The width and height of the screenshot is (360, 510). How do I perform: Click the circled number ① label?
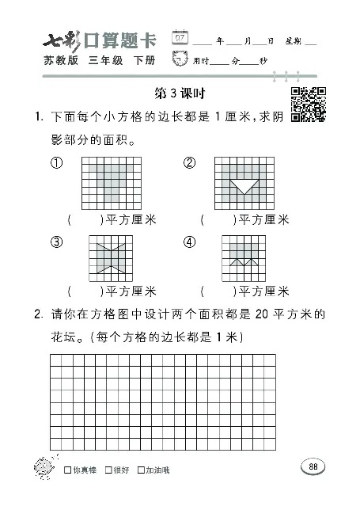click(x=56, y=163)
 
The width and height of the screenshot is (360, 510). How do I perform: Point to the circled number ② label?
click(x=189, y=163)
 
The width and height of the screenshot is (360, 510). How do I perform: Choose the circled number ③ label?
click(x=56, y=242)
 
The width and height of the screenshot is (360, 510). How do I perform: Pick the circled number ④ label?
click(x=189, y=242)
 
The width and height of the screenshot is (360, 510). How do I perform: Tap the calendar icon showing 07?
click(x=180, y=37)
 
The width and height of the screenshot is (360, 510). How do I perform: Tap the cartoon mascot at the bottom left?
click(x=40, y=467)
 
